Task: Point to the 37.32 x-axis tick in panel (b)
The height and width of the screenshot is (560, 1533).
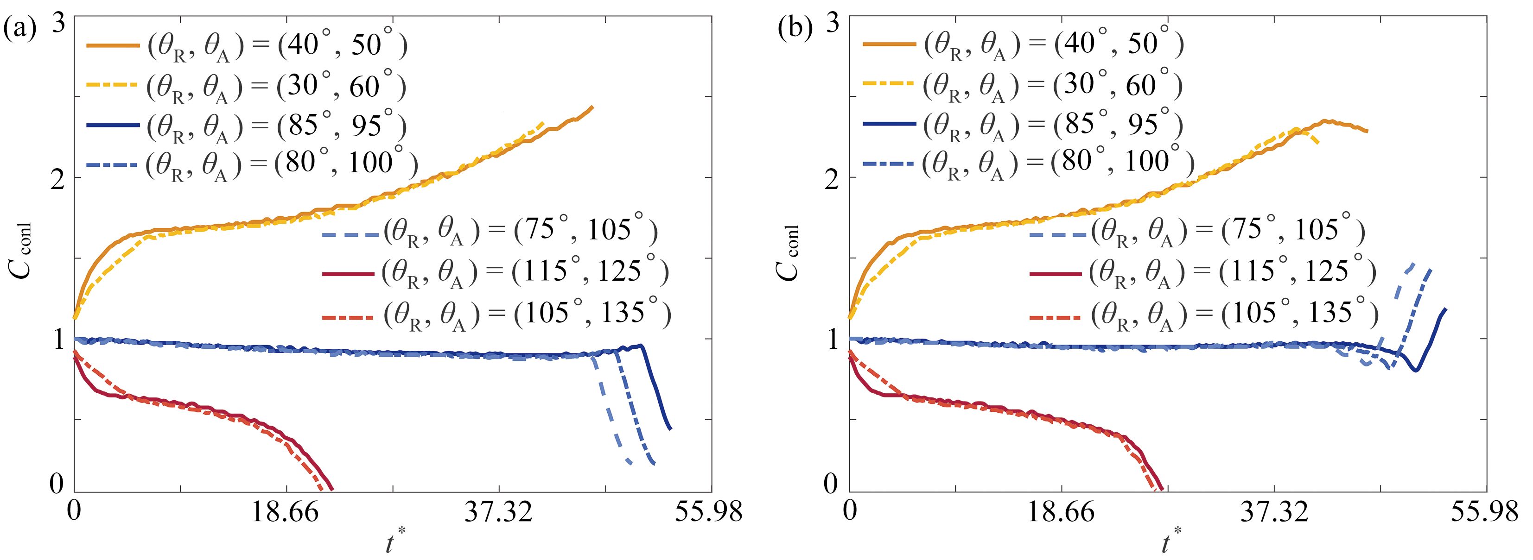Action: pyautogui.click(x=1274, y=512)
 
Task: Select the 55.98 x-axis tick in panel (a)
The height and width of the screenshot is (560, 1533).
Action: pyautogui.click(x=708, y=512)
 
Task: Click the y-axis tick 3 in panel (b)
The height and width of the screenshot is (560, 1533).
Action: pyautogui.click(x=832, y=24)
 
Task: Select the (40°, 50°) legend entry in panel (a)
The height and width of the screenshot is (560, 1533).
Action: pyautogui.click(x=247, y=46)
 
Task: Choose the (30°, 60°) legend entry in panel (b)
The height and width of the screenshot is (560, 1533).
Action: pyautogui.click(x=1023, y=86)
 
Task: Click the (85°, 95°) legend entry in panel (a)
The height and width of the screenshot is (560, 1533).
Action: pyautogui.click(x=247, y=126)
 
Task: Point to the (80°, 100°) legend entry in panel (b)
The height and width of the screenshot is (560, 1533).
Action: pyautogui.click(x=1028, y=163)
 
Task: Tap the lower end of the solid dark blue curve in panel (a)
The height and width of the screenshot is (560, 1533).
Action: pyautogui.click(x=671, y=428)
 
